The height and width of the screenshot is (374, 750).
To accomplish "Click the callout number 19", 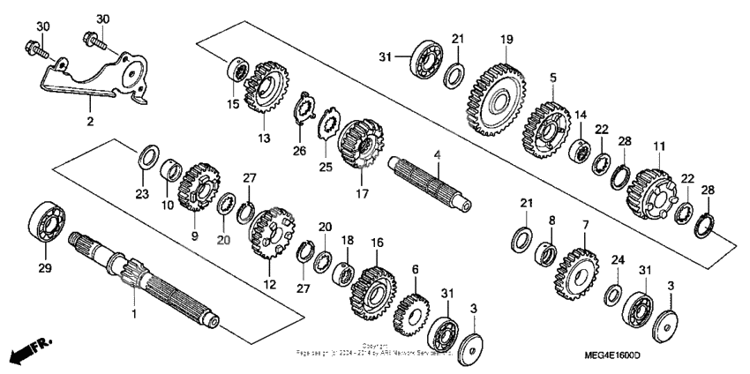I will [x=507, y=39].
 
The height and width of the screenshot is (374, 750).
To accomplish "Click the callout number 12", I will [x=270, y=285].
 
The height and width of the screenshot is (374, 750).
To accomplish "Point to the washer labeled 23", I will [x=148, y=158].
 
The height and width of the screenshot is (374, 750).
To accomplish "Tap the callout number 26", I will [x=299, y=151].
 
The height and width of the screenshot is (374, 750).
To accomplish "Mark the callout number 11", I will [x=657, y=146].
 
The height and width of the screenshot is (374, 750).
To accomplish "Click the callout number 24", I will [x=618, y=260].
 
